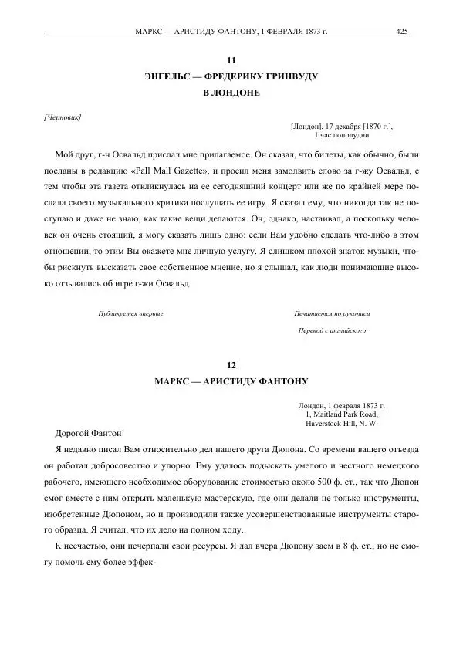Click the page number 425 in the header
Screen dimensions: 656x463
401,32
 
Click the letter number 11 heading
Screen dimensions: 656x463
231,60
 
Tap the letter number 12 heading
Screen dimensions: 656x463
231,364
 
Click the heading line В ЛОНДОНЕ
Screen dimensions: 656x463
231,93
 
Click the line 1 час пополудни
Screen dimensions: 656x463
342,135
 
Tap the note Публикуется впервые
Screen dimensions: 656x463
131,314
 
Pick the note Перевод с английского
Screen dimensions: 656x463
332,330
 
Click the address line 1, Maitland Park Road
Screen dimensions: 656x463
342,414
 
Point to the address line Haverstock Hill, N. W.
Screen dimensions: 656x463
342,424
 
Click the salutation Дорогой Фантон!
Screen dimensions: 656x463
90,434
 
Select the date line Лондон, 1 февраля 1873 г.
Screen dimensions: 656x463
342,405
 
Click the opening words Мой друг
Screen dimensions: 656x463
74,153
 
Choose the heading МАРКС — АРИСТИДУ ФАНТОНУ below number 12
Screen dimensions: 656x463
231,381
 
